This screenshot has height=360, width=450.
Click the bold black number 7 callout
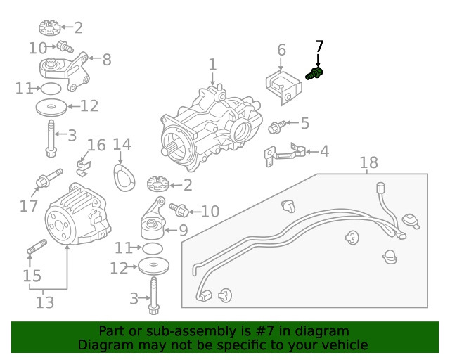[x=319, y=46]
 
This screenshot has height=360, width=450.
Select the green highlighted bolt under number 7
[x=315, y=72]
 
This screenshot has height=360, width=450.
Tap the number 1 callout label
[x=212, y=65]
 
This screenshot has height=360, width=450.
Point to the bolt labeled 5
[x=276, y=127]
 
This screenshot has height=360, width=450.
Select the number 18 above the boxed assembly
[x=368, y=163]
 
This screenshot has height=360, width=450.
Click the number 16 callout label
[x=96, y=146]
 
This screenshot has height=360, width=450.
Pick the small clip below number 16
[x=83, y=166]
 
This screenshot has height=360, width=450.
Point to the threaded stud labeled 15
[x=36, y=249]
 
